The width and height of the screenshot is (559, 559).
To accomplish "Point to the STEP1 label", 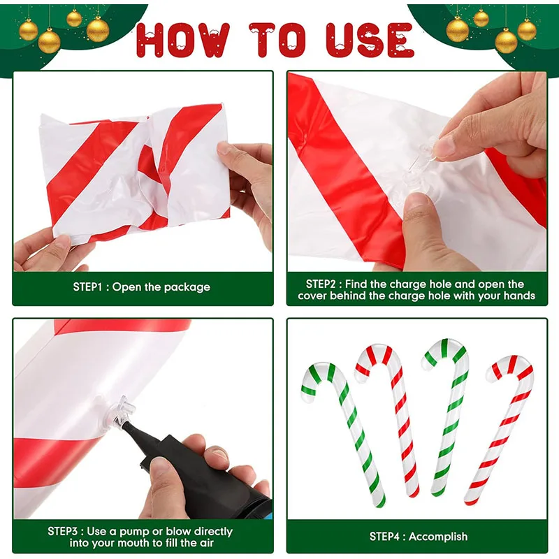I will click(x=90, y=286).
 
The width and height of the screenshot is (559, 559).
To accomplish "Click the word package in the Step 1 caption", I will click(x=187, y=286).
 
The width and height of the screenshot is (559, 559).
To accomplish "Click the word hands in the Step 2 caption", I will click(x=520, y=296).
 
